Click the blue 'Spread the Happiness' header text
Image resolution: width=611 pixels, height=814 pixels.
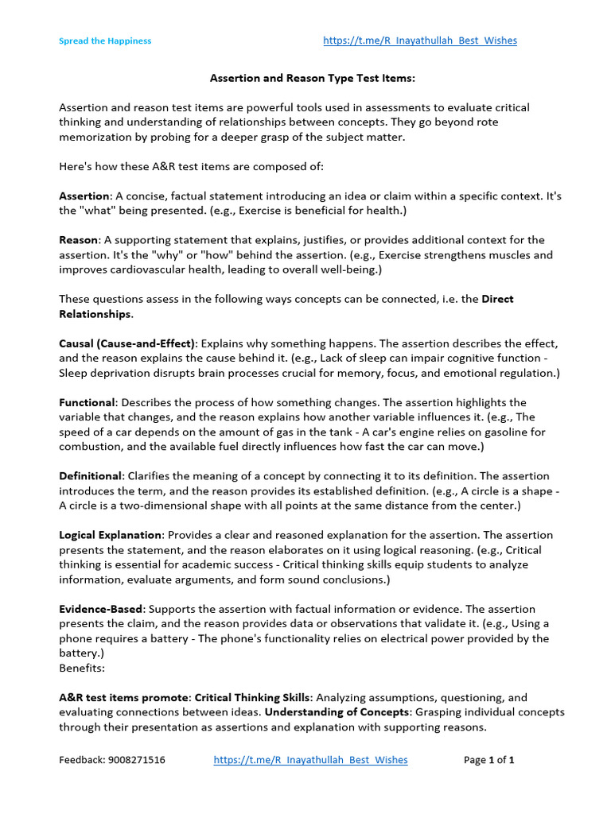[x=105, y=41]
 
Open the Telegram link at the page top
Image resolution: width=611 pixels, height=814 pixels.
[x=420, y=41]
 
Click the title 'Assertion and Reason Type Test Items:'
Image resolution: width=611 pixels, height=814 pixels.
[x=313, y=79]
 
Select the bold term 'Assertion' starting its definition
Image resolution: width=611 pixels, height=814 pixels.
[x=84, y=196]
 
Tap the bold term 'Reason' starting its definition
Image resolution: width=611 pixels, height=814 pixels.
[x=79, y=240]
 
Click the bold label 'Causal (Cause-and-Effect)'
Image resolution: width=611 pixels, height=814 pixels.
[x=127, y=343]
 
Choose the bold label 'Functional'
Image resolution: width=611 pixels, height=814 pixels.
[x=87, y=403]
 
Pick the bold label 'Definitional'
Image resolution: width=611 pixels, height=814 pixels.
[x=91, y=475]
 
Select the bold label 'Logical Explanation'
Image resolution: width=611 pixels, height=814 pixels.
[x=111, y=535]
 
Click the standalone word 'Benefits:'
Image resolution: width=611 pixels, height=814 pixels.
[x=82, y=669]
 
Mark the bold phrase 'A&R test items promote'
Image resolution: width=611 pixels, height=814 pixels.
[x=124, y=697]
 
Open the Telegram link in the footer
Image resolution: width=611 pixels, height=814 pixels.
[x=310, y=760]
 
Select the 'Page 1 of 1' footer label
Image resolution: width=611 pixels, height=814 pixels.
[x=488, y=760]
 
